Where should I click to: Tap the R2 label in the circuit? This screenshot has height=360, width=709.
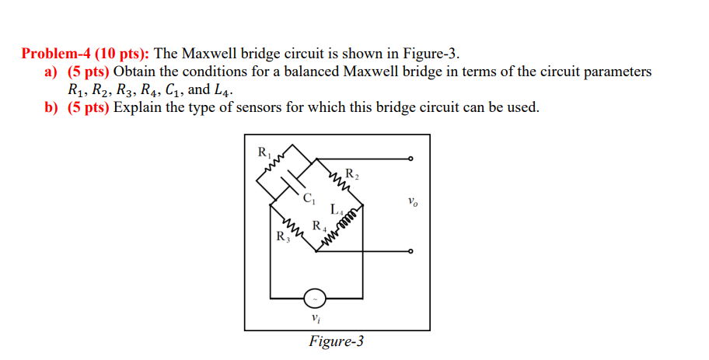[x=351, y=173]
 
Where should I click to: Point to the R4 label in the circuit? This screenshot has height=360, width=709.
[x=318, y=226]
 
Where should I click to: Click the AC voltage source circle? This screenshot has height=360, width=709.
[x=315, y=298]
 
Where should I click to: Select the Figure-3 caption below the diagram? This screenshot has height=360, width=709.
[x=336, y=341]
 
